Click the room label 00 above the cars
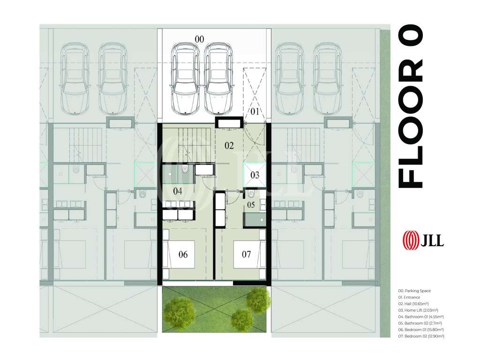199,39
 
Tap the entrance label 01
255,112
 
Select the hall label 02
229,146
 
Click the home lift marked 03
255,175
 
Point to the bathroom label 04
178,191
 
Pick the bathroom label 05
251,205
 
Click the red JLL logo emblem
411,240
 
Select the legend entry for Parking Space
414,291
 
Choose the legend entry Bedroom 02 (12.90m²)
421,336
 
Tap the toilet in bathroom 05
251,194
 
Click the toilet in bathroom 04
185,169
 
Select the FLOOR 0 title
410,106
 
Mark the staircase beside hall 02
195,144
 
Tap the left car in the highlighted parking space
185,79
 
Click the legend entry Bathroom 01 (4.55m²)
421,317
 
